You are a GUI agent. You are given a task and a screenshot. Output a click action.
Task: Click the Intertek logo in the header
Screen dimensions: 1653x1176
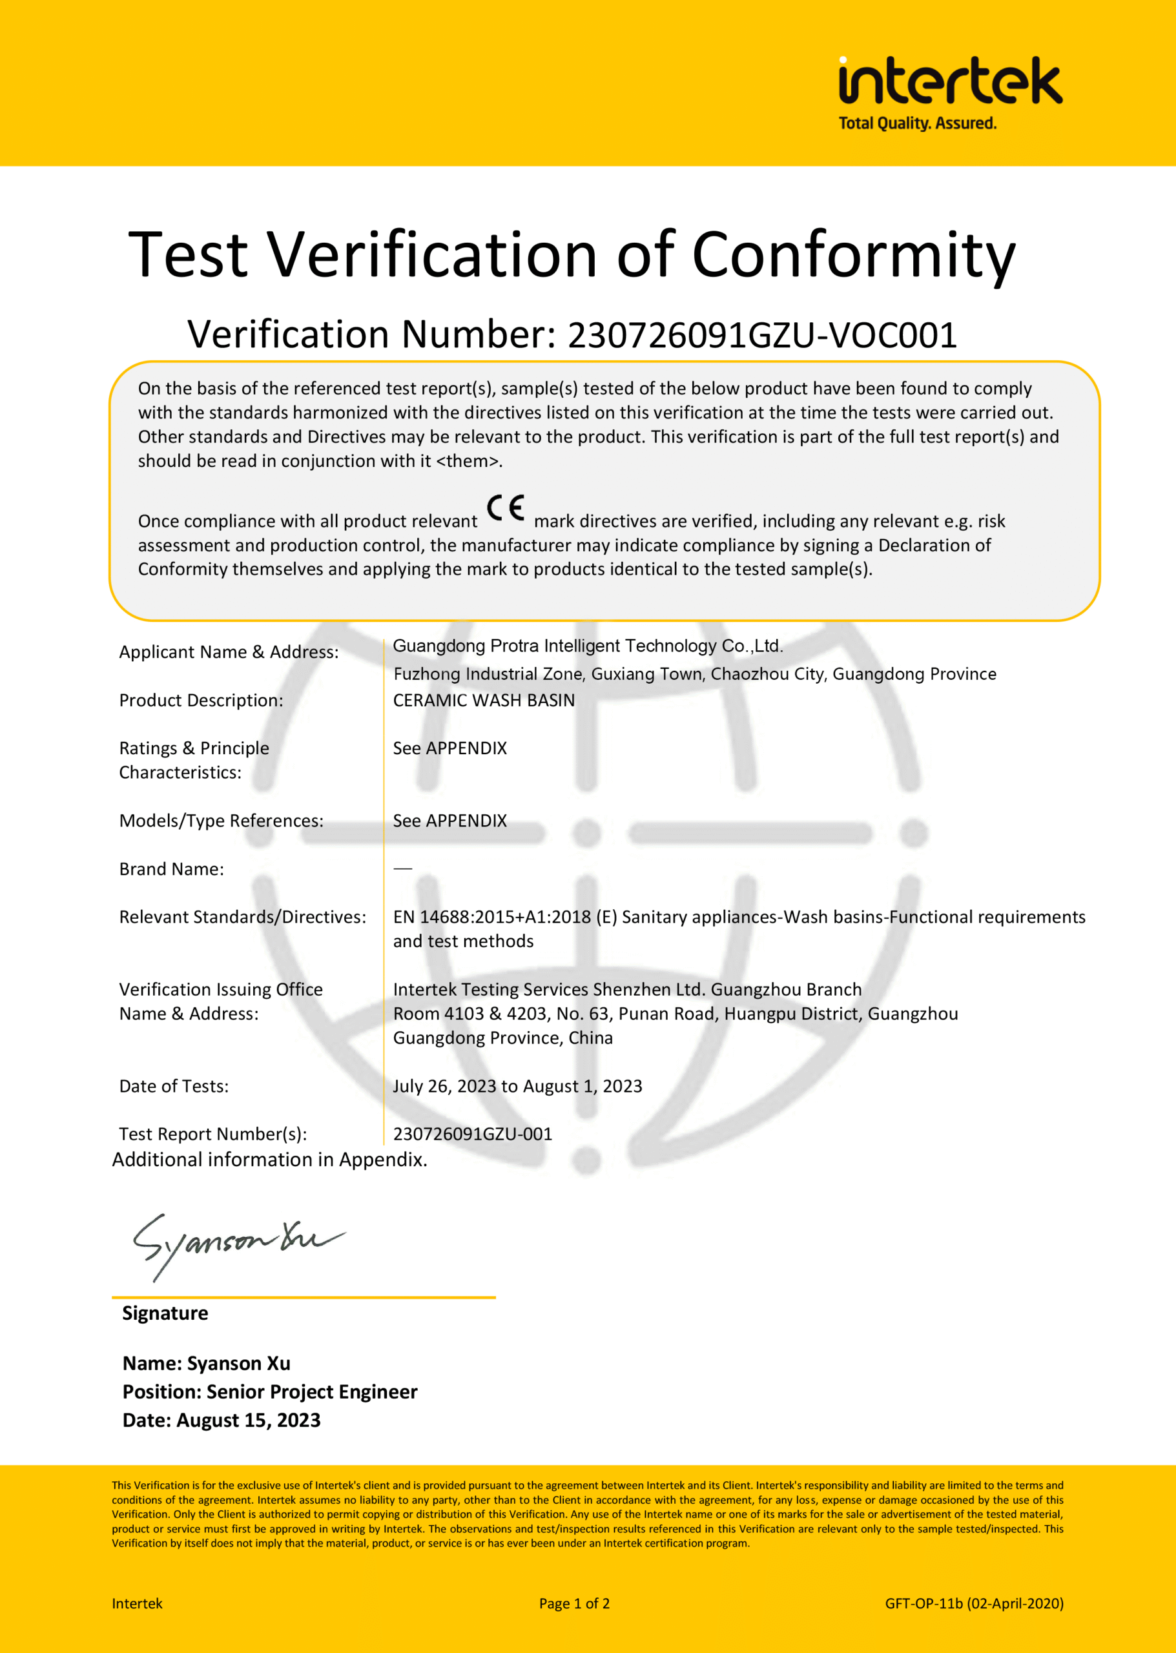[x=949, y=81]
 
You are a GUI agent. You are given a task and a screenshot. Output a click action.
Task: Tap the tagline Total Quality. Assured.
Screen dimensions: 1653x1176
[x=917, y=124]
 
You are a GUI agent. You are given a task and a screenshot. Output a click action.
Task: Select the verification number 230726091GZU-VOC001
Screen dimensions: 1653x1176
[x=762, y=335]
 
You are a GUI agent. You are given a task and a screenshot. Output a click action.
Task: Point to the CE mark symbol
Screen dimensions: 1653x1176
[x=506, y=508]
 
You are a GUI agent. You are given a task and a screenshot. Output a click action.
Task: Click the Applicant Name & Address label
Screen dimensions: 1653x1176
[x=229, y=652]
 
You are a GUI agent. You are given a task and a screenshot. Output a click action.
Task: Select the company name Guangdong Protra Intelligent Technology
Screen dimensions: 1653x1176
[x=587, y=646]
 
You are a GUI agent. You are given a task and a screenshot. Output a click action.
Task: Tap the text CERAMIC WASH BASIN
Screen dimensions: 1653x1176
[x=484, y=701]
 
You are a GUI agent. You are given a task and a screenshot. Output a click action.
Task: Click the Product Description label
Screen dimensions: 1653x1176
[x=201, y=701]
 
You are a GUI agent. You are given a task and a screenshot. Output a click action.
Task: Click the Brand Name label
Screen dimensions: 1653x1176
[x=172, y=870]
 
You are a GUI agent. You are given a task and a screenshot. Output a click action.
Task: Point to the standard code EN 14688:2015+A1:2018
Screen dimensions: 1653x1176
[x=491, y=918]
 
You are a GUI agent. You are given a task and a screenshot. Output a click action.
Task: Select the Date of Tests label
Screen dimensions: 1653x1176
[x=174, y=1086]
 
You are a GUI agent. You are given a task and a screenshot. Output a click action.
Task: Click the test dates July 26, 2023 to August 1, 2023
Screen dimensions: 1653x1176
[x=517, y=1086]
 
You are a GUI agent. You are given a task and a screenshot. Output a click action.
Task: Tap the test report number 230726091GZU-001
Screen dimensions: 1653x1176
[x=472, y=1134]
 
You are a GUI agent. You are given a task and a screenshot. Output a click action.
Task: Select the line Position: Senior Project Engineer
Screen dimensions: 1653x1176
[x=269, y=1391]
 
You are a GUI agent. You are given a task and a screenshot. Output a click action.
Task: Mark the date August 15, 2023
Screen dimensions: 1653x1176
[x=249, y=1420]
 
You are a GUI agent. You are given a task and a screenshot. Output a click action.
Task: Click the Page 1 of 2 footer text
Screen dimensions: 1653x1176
[x=574, y=1603]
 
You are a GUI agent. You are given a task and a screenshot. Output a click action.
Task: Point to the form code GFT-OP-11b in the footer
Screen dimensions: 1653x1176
[x=923, y=1603]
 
